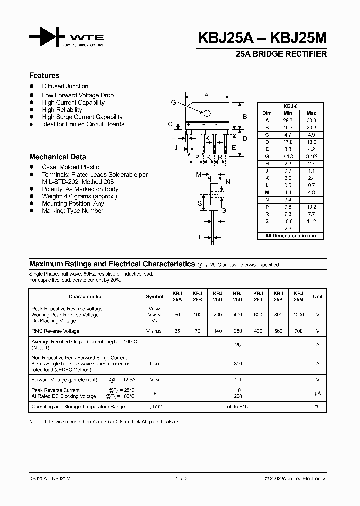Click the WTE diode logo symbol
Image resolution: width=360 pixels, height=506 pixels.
pos(47,38)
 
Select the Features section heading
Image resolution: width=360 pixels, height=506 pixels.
pos(44,76)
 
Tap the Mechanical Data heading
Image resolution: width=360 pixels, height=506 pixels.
pos(57,157)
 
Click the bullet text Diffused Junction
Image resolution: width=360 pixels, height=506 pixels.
pos(65,87)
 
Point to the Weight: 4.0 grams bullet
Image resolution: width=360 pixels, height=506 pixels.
pos(79,197)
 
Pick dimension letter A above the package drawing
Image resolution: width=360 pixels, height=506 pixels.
pos(206,95)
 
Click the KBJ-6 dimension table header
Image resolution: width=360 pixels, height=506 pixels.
pos(290,106)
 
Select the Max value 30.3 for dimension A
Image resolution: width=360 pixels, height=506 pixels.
pos(311,120)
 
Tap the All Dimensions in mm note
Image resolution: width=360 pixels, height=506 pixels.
pos(290,235)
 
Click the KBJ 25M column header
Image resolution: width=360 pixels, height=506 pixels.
pos(299,296)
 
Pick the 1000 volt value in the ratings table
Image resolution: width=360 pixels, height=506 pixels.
pos(299,315)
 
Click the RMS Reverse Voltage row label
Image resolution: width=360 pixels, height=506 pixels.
pos(55,331)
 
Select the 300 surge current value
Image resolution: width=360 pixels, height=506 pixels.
pos(238,364)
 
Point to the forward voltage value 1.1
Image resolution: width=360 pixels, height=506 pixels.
pos(238,380)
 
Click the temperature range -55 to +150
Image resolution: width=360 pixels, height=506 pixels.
pos(238,407)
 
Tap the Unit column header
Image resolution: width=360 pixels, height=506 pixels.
pos(317,296)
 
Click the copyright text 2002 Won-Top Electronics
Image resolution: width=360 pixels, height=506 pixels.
pos(296,478)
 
